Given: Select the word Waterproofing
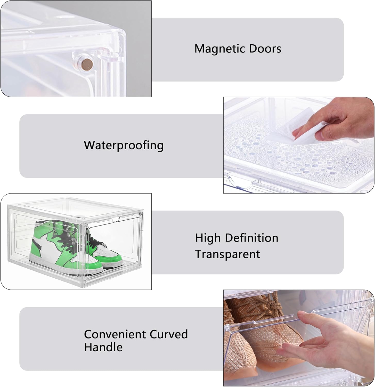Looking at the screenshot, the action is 124,145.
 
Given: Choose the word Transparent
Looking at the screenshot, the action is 227,254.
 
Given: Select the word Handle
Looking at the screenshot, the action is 103,347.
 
